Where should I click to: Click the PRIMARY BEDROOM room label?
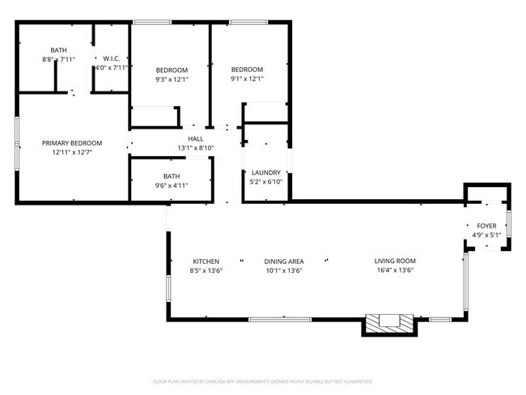(x=72, y=142)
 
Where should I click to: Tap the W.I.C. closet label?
(x=111, y=58)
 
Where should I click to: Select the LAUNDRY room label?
(x=265, y=172)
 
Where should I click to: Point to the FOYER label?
(x=486, y=226)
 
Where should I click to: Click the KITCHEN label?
(x=206, y=261)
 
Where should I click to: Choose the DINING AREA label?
(x=283, y=261)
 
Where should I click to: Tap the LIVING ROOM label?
(x=395, y=261)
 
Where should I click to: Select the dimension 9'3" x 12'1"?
(x=172, y=79)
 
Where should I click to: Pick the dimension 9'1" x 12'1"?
(x=247, y=79)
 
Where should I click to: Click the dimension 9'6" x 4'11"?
(x=171, y=185)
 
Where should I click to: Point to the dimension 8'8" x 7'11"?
(x=58, y=60)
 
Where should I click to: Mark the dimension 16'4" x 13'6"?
(x=395, y=270)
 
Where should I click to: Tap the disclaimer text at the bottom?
(x=262, y=380)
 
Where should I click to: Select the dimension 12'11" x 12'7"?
(x=72, y=151)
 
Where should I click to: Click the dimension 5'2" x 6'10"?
(x=265, y=181)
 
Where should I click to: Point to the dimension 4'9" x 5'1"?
(x=486, y=235)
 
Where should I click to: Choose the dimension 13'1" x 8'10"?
(x=196, y=148)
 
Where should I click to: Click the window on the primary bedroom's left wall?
(x=17, y=144)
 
